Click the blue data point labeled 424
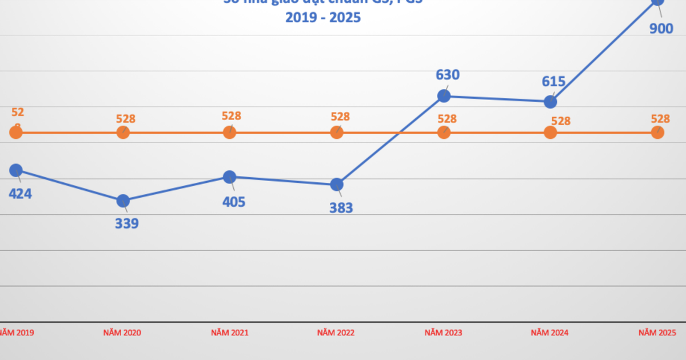coord(16,170)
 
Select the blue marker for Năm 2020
coord(123,201)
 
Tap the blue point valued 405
coord(229,177)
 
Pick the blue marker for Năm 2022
coord(337,184)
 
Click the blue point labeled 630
coord(444,96)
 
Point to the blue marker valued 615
coord(550,102)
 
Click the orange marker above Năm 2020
coord(123,133)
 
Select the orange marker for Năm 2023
coord(444,133)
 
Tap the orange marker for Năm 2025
coord(657,133)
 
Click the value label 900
coord(661,28)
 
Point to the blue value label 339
coord(127,223)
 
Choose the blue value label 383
coord(341,208)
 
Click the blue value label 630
coord(448,75)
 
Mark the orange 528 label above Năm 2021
coord(232,116)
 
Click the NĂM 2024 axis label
coord(550,333)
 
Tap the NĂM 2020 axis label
coord(122,333)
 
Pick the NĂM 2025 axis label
coord(657,333)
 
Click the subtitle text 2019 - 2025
coord(323,18)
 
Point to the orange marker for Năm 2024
coord(550,133)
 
